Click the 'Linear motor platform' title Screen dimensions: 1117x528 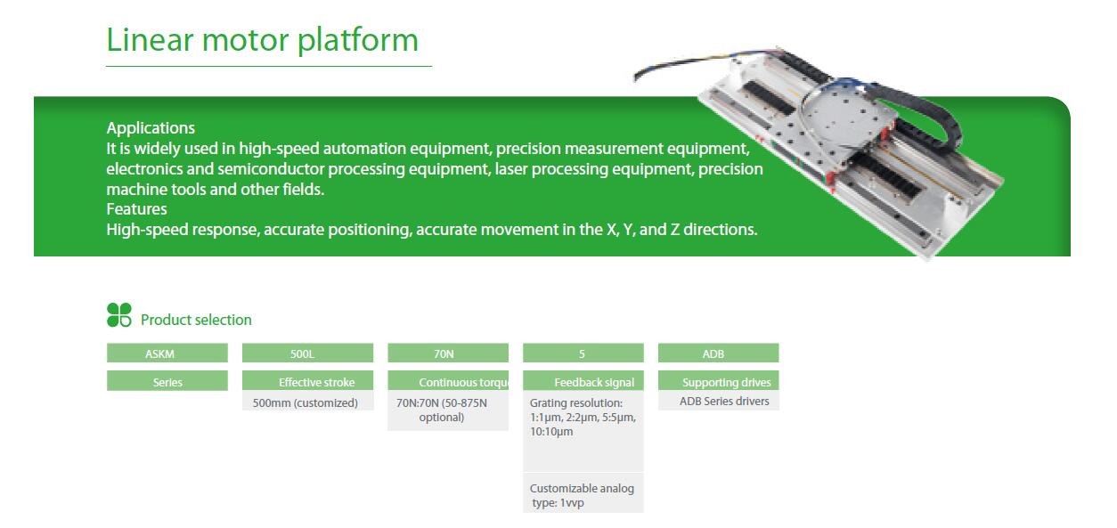coord(262,40)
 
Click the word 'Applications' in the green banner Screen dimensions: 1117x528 coord(151,128)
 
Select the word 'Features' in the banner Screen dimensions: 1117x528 coord(136,209)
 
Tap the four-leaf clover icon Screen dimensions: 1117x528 coord(119,315)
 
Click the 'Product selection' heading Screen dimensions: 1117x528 coord(196,320)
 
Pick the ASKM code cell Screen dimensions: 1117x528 coord(167,353)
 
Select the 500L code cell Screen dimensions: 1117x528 coord(307,353)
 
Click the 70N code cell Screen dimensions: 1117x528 coord(448,353)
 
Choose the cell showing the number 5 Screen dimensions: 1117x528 coord(583,353)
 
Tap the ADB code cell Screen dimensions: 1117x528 coord(719,353)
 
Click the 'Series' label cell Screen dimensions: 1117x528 coord(167,381)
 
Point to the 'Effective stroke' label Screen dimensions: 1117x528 coord(316,382)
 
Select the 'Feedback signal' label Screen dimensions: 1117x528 coord(594,382)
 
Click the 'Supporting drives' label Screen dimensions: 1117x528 coord(727,382)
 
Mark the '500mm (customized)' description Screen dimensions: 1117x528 coord(306,402)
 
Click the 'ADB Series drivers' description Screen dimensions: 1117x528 coord(724,401)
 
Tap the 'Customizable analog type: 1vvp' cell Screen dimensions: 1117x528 coord(583,495)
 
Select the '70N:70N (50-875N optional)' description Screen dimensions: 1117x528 coord(442,410)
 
